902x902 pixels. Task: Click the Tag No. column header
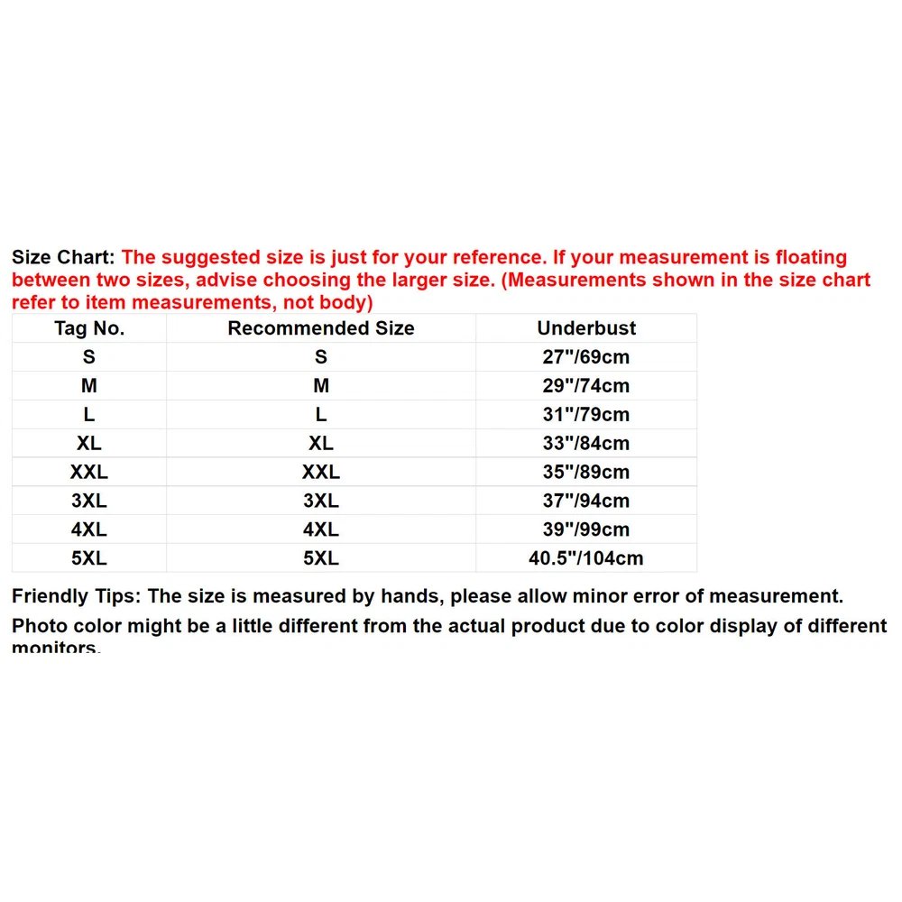point(89,328)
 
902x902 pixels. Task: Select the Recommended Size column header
point(321,328)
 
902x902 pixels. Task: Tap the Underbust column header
point(586,328)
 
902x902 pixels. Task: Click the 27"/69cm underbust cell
point(586,357)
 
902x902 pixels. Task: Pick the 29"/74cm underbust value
point(586,386)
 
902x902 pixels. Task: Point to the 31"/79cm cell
point(586,415)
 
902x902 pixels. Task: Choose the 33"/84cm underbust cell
point(586,444)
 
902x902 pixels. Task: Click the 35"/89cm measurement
point(586,473)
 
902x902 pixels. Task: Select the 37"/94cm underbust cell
point(586,502)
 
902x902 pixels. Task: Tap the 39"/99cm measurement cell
point(586,530)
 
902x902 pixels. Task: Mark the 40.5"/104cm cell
point(586,559)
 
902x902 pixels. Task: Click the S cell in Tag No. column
point(89,357)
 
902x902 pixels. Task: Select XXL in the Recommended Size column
point(321,473)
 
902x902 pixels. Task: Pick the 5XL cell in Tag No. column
point(89,559)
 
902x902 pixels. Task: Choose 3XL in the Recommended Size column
point(321,502)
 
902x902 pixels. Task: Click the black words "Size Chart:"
point(63,258)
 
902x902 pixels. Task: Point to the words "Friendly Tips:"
point(77,596)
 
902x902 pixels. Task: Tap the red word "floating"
point(810,258)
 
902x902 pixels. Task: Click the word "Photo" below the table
point(41,626)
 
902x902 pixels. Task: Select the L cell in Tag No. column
point(89,415)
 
